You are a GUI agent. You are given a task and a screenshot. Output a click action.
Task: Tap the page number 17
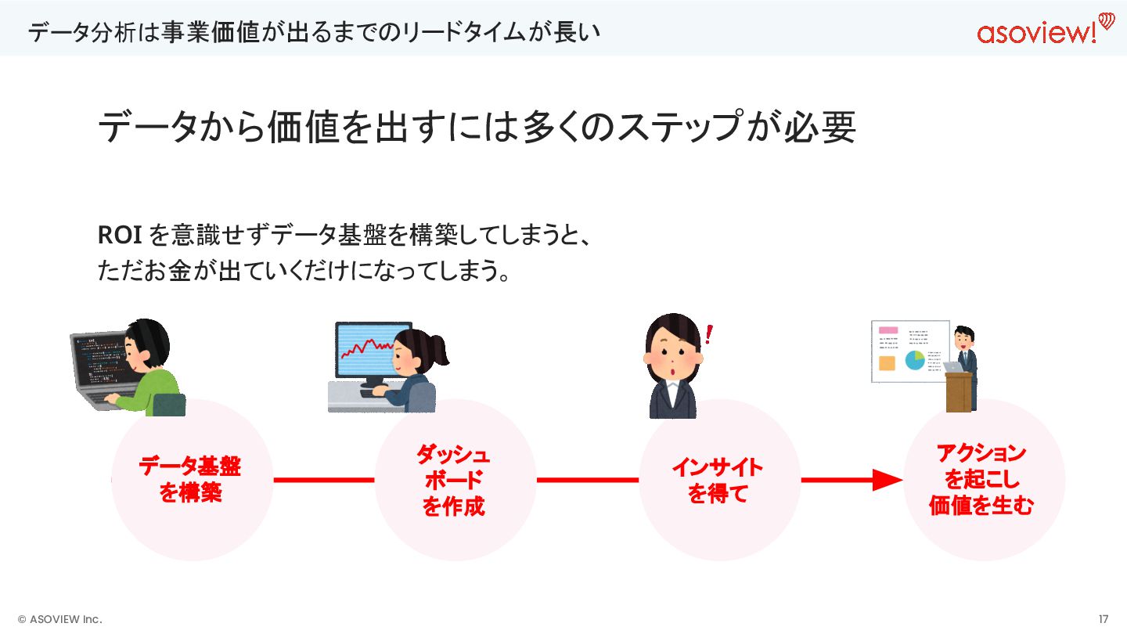[1104, 619]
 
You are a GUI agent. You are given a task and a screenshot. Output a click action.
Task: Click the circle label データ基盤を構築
[190, 480]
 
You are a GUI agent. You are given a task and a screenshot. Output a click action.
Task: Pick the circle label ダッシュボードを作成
[454, 480]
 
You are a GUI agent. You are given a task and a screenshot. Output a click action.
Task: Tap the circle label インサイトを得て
[718, 480]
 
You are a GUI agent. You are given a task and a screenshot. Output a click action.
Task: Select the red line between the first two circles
[323, 480]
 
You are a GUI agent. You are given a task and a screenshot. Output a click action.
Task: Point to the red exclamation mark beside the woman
[709, 335]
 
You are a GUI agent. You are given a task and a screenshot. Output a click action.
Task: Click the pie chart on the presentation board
[914, 360]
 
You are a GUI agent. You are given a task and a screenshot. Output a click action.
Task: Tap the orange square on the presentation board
[887, 363]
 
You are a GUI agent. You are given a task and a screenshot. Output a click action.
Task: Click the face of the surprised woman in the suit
[672, 358]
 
